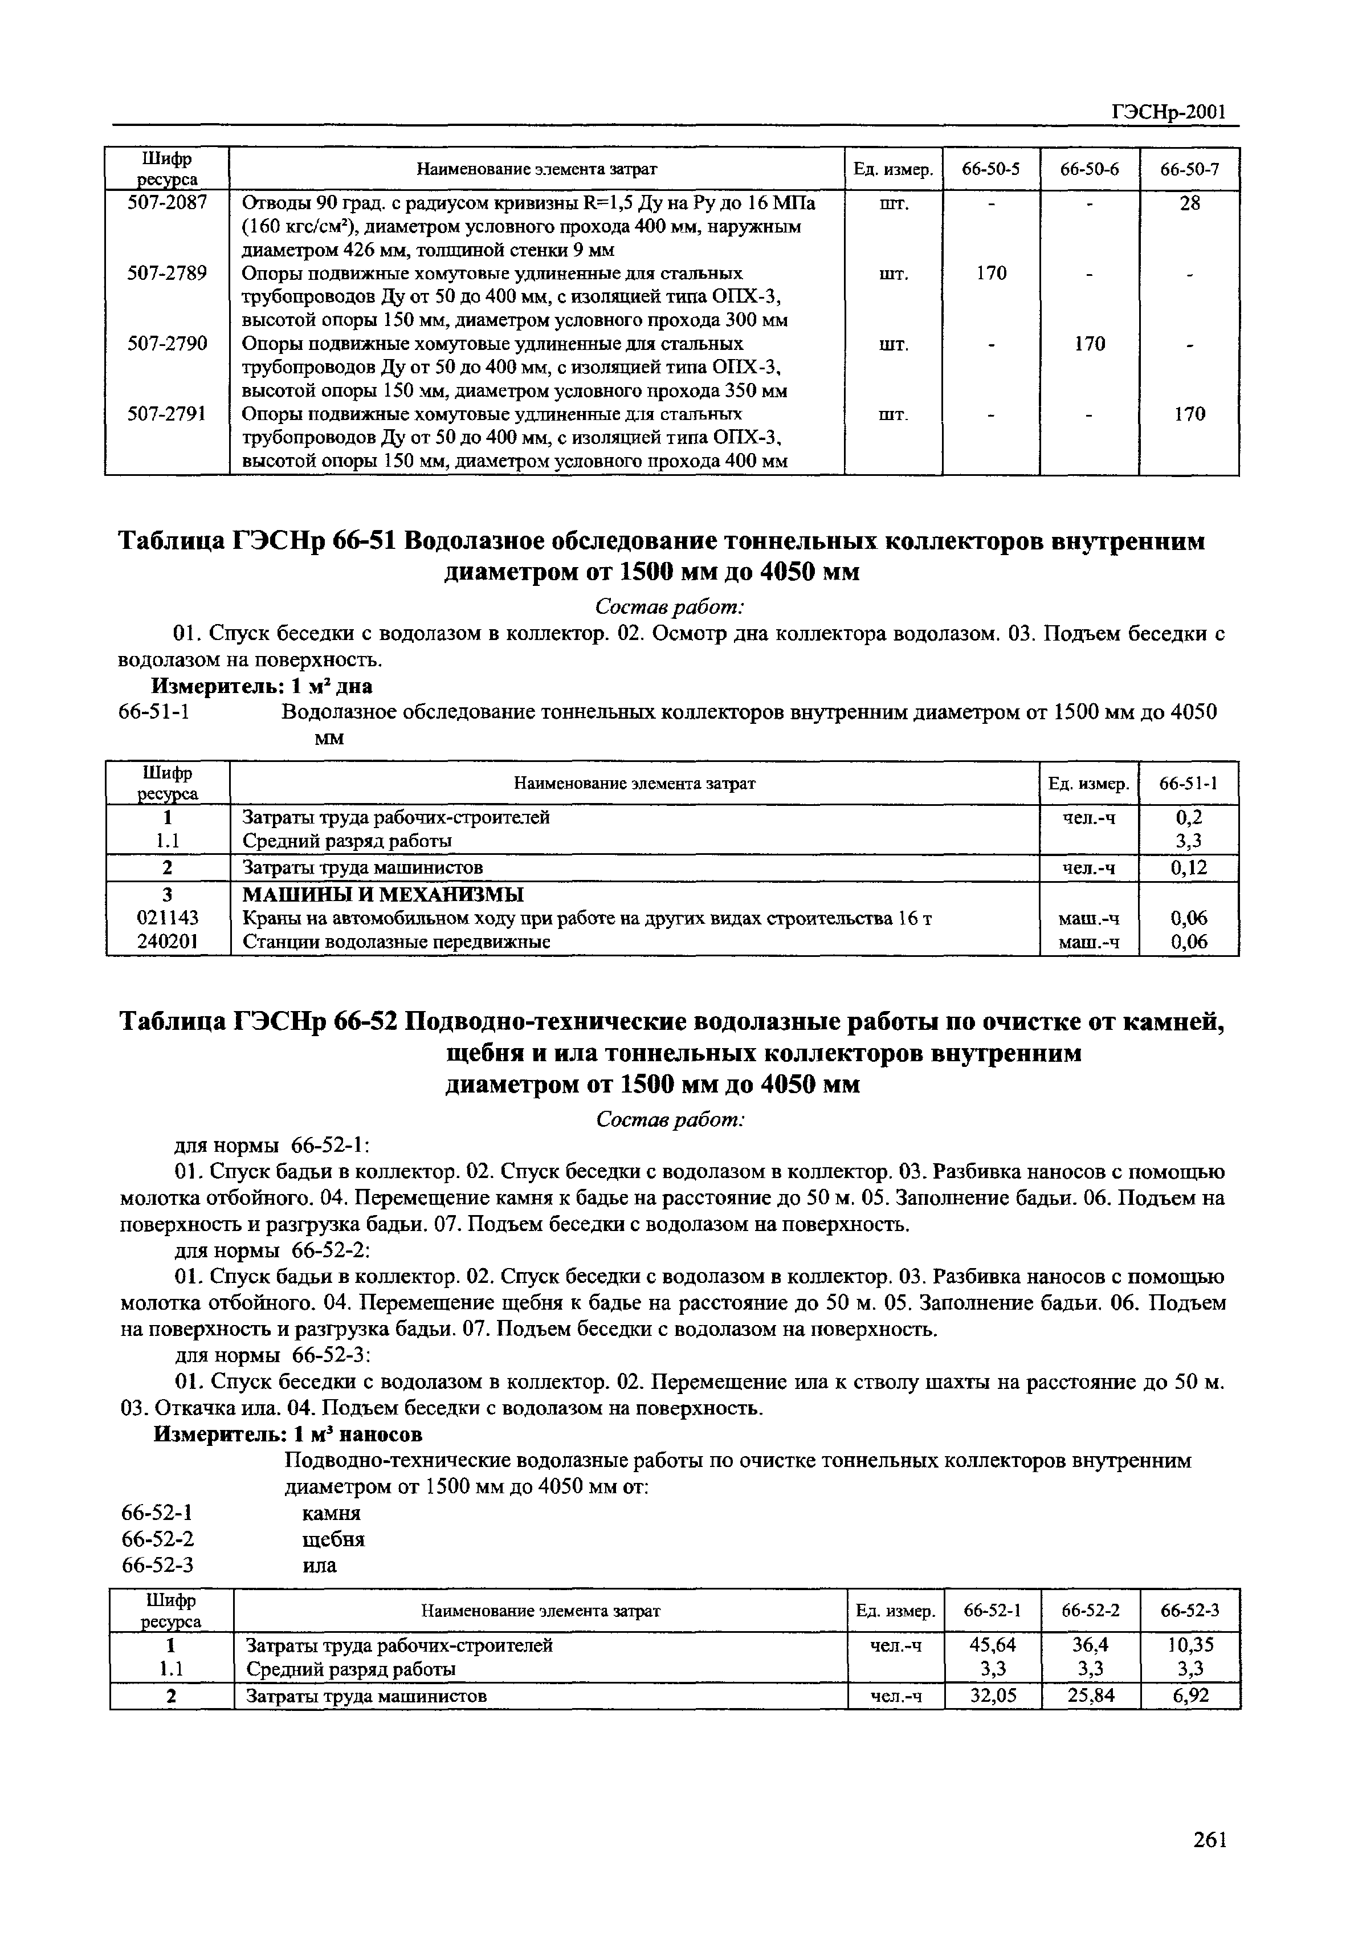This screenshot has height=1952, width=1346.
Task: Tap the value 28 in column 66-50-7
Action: (1189, 202)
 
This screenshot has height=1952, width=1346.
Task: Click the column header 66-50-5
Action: (991, 169)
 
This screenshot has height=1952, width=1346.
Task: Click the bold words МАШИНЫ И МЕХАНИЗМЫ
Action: (383, 894)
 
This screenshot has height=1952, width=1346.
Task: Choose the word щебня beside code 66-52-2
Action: (333, 1539)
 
